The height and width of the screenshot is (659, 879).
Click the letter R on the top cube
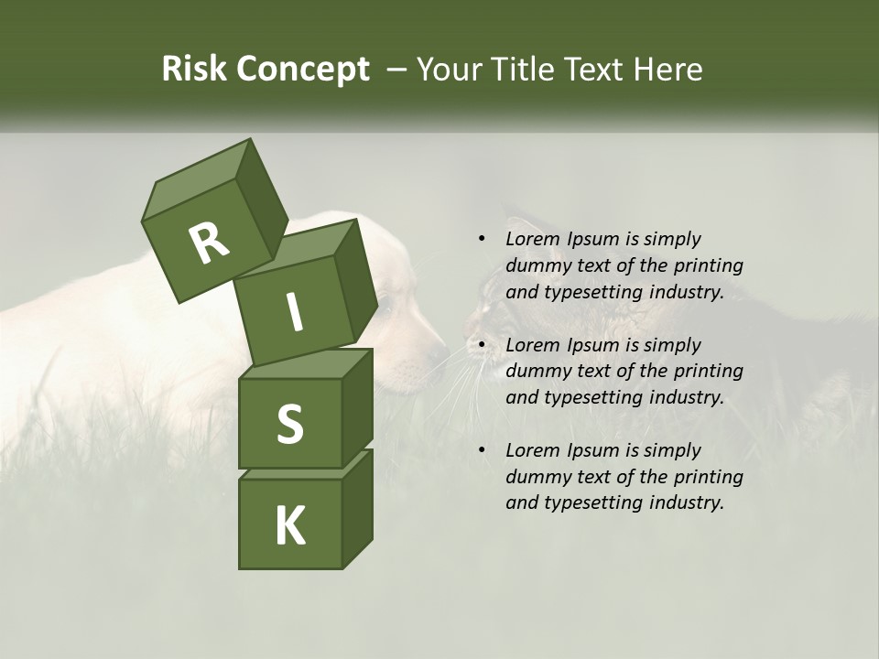[209, 243]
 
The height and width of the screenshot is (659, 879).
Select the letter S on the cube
[289, 424]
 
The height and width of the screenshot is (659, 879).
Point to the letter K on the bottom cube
[289, 526]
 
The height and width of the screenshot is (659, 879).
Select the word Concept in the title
[303, 69]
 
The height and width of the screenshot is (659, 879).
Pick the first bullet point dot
[482, 239]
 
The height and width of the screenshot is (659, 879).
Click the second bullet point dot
[482, 345]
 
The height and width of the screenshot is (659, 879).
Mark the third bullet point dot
[482, 450]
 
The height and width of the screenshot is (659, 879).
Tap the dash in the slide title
[397, 69]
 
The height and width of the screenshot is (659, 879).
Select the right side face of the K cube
[357, 508]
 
